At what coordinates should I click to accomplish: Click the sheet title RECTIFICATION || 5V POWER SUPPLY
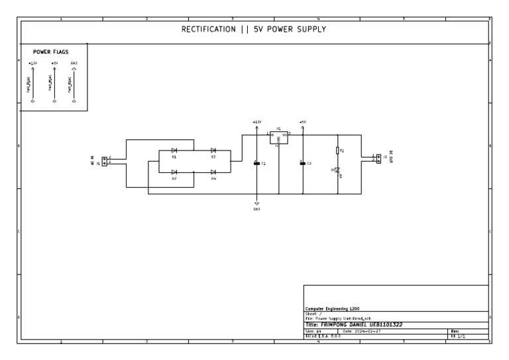[x=254, y=30]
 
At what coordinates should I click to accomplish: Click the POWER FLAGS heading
[x=51, y=51]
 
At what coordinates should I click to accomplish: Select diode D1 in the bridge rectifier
[x=174, y=151]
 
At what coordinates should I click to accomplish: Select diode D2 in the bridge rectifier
[x=174, y=172]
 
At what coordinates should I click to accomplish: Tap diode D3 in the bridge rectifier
[x=213, y=151]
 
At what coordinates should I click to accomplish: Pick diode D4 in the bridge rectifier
[x=213, y=172]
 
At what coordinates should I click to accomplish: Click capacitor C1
[x=257, y=163]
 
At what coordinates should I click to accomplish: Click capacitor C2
[x=302, y=163]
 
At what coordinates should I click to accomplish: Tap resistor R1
[x=338, y=150]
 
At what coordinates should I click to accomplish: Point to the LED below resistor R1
[x=338, y=170]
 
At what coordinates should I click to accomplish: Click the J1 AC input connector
[x=104, y=161]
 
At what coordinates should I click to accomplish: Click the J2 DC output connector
[x=378, y=158]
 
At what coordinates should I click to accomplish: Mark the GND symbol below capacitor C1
[x=257, y=204]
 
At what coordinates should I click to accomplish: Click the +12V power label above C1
[x=257, y=122]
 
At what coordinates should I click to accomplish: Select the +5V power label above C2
[x=302, y=122]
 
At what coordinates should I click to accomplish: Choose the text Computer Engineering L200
[x=331, y=309]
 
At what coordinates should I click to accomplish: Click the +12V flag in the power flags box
[x=32, y=64]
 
